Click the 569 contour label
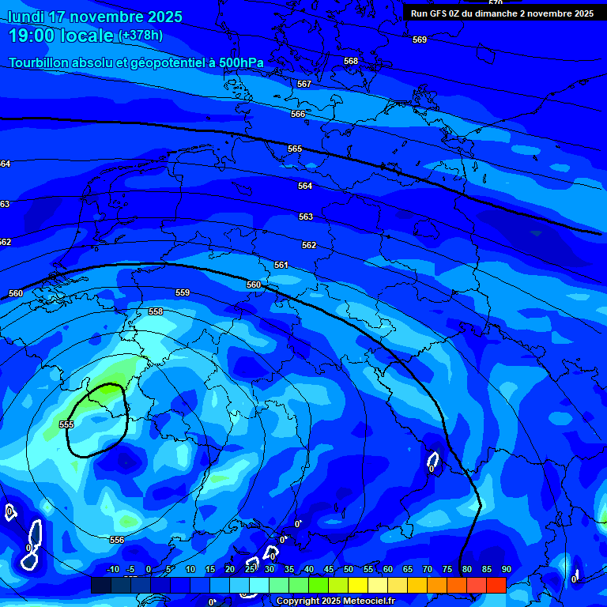[420, 40]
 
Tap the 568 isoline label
[351, 61]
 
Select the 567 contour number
[304, 84]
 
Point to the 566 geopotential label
[298, 115]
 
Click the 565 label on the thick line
[295, 149]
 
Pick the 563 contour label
[306, 217]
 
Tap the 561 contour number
[281, 265]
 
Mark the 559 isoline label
[183, 292]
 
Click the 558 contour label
[156, 311]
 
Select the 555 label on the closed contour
[66, 424]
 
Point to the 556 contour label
[117, 540]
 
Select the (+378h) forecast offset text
[141, 36]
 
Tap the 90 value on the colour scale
[506, 570]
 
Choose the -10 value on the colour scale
[112, 570]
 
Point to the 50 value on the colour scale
[349, 570]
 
